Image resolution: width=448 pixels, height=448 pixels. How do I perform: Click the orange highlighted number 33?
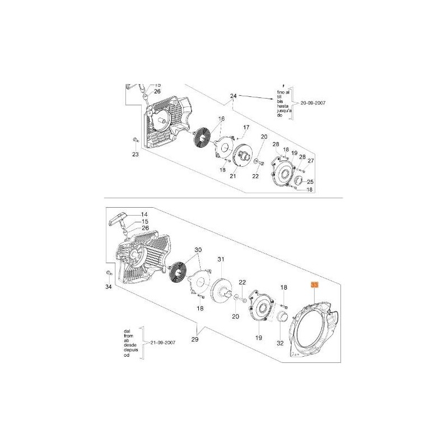tap(315, 285)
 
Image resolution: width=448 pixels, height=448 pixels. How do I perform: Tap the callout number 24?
tap(234, 96)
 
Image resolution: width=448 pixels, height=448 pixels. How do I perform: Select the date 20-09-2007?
tap(313, 103)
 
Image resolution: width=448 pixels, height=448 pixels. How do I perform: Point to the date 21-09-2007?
tap(166, 342)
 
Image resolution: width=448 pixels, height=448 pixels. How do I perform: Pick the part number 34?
tap(109, 287)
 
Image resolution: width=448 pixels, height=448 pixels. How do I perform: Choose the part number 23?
tap(135, 155)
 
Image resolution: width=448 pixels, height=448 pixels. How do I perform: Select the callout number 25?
tap(311, 182)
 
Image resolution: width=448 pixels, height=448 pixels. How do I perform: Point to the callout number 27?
tap(311, 161)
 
